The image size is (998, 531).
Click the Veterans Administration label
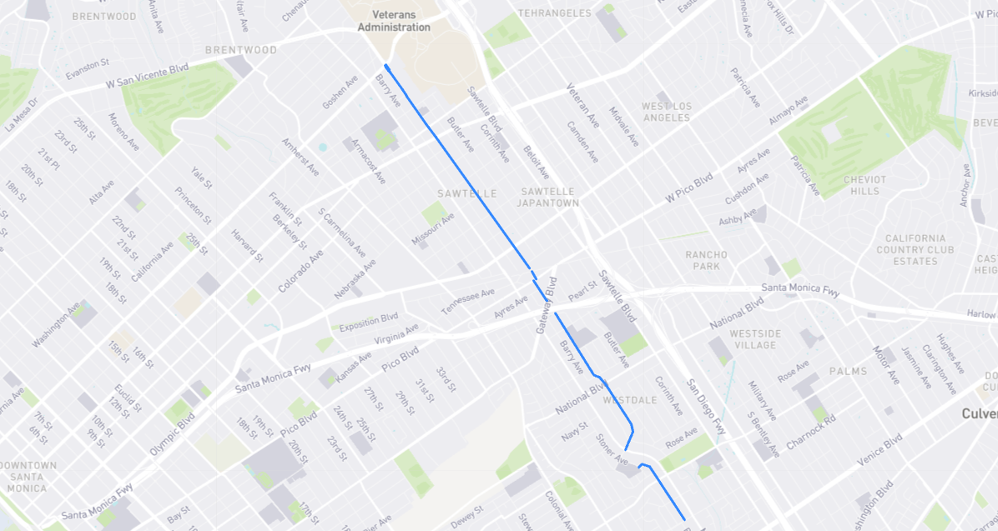394,21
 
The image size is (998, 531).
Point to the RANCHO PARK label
707,260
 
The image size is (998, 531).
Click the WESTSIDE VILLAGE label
754,339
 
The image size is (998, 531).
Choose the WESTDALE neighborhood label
630,400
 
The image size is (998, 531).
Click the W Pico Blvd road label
689,188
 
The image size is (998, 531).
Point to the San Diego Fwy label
703,408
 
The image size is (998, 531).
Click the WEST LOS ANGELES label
667,112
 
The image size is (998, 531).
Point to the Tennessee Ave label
468,302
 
